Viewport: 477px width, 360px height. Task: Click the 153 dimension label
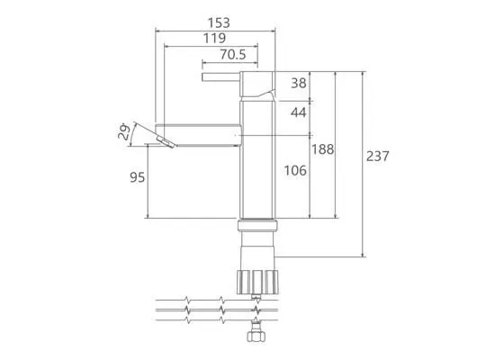click(219, 22)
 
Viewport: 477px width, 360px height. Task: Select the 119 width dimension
click(214, 39)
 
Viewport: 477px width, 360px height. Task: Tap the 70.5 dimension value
click(233, 55)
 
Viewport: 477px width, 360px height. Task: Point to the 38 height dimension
click(299, 83)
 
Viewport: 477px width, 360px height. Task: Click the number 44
click(299, 112)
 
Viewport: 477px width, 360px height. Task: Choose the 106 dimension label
click(295, 170)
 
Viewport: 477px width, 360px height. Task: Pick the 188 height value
click(323, 149)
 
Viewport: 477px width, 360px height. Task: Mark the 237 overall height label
click(377, 156)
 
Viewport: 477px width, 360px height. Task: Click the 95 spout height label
click(138, 177)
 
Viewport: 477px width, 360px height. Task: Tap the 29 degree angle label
click(124, 131)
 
